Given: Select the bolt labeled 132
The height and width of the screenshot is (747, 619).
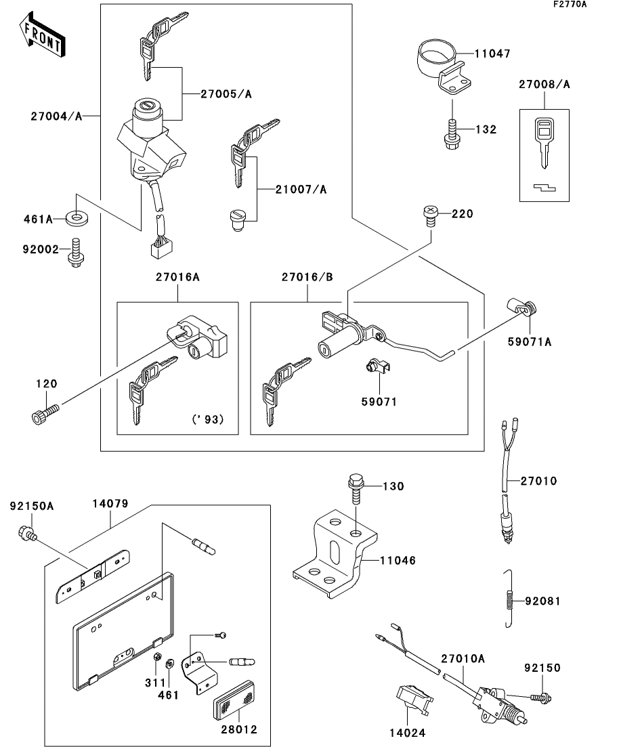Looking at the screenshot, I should tap(451, 133).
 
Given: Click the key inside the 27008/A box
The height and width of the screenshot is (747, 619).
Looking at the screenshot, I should tap(544, 141).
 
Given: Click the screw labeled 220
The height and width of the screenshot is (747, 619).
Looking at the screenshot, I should tap(428, 215).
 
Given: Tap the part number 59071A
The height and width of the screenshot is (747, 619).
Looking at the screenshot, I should tap(530, 341).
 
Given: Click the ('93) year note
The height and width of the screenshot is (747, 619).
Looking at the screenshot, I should tap(207, 419).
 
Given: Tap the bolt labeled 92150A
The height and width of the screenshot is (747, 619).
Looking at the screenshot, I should tap(27, 534).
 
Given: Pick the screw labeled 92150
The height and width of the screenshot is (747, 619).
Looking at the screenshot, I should tap(540, 696).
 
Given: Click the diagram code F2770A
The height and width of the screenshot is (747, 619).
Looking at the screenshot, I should tap(570, 5).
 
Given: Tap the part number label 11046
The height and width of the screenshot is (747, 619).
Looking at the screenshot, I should tap(397, 560).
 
